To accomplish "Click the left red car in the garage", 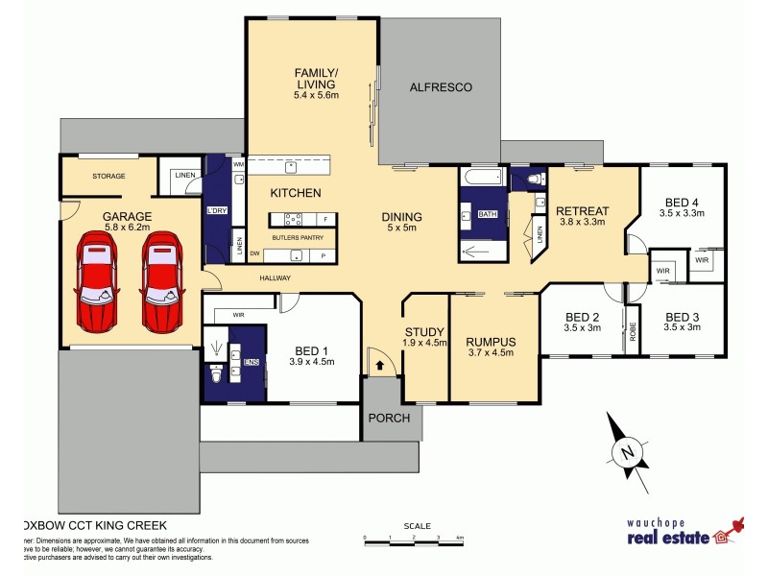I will pos(97,283).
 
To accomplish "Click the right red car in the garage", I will pos(160,283).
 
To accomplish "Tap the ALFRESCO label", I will pos(440,87).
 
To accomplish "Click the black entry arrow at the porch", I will pos(382,365).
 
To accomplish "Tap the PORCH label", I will pos(389,418).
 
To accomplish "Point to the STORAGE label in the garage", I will pos(109,177).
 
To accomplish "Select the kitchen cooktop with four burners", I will pos(294,219).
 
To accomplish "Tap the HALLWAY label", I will pos(275,278).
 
